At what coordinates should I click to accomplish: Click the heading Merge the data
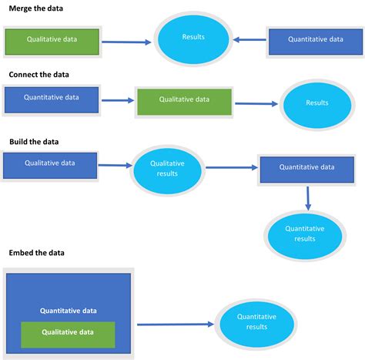[x=36, y=8]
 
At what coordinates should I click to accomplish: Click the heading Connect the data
[x=39, y=75]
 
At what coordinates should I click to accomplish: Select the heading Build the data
[x=34, y=142]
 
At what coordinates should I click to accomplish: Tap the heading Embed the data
[x=36, y=252]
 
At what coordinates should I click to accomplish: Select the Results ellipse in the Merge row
[x=193, y=38]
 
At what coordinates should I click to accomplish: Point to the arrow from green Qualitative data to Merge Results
[x=126, y=42]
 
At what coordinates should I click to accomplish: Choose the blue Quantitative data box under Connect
[x=52, y=99]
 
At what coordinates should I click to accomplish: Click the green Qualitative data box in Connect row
[x=184, y=101]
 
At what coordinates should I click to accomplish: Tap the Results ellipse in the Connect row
[x=316, y=103]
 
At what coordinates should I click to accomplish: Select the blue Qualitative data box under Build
[x=50, y=164]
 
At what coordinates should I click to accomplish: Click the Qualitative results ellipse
[x=167, y=169]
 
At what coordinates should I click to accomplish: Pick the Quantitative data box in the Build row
[x=306, y=168]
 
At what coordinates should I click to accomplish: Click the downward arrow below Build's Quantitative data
[x=308, y=197]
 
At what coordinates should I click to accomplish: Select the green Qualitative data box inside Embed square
[x=69, y=334]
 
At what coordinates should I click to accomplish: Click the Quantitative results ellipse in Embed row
[x=256, y=322]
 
